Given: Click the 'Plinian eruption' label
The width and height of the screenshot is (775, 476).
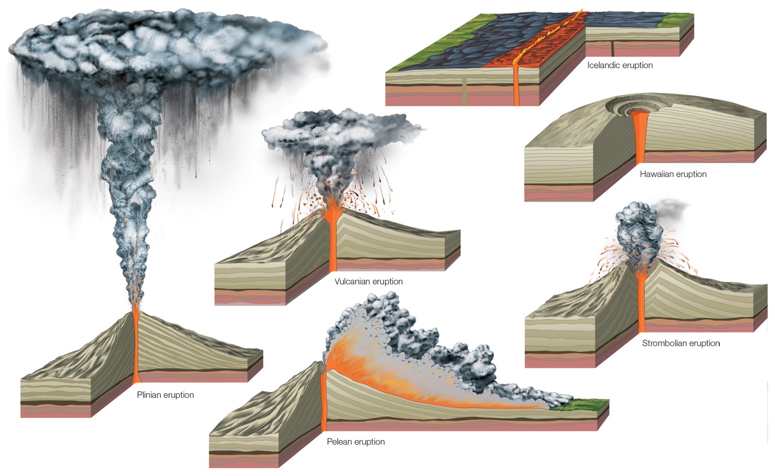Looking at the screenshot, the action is tap(165, 395).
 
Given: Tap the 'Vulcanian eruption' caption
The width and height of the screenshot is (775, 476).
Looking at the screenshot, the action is tap(369, 282).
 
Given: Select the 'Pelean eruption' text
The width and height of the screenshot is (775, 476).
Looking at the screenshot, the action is tap(356, 442).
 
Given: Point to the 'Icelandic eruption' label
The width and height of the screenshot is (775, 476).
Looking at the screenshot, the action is tap(620, 65).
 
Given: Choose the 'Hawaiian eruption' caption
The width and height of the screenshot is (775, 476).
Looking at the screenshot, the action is tap(673, 174).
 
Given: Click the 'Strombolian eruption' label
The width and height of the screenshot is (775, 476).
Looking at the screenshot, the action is tap(681, 343).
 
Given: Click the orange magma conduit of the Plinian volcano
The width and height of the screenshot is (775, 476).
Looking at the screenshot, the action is tap(136, 346).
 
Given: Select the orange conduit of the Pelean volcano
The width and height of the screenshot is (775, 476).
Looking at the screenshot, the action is tap(324, 401).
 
